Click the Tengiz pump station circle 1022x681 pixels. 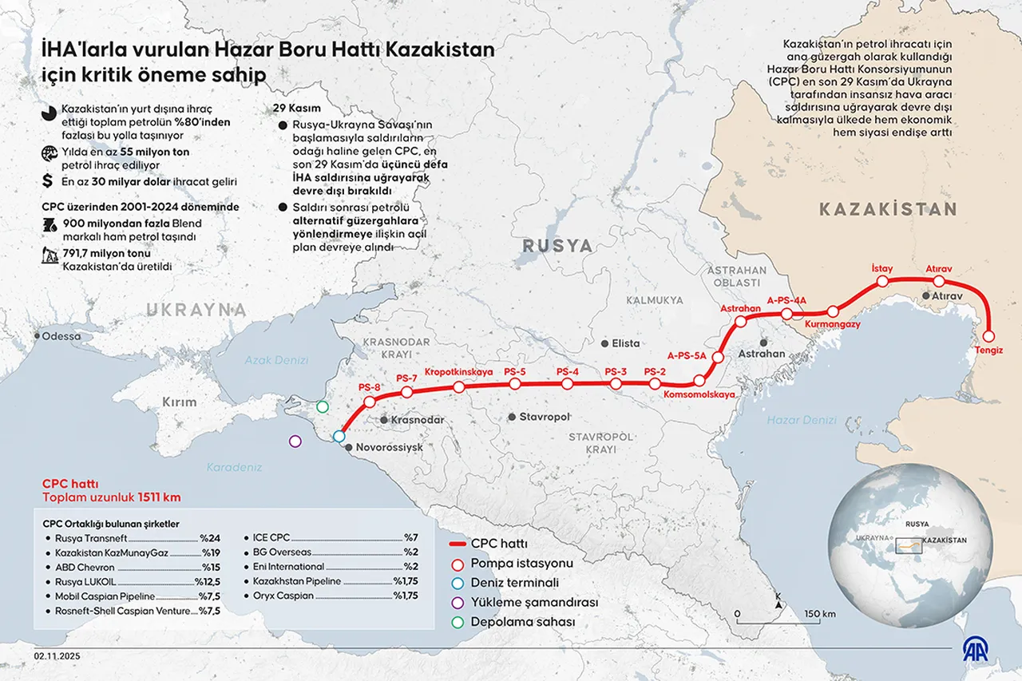pos(988,336)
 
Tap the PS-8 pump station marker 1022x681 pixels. pos(370,402)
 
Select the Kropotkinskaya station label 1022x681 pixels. pos(458,372)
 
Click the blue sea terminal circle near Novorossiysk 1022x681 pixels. pos(339,436)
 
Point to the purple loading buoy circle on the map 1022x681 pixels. pos(295,440)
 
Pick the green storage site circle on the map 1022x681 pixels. pos(322,407)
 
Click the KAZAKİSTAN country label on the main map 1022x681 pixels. pos(887,209)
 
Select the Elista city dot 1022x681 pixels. pos(606,342)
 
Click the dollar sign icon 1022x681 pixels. pos(48,181)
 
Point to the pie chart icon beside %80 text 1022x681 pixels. pos(48,113)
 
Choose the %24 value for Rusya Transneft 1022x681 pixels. pos(209,538)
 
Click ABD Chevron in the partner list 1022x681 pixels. pos(85,567)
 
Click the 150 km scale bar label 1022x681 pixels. pos(819,614)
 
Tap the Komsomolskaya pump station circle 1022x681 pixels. pos(700,381)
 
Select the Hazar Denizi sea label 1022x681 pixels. pos(801,419)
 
